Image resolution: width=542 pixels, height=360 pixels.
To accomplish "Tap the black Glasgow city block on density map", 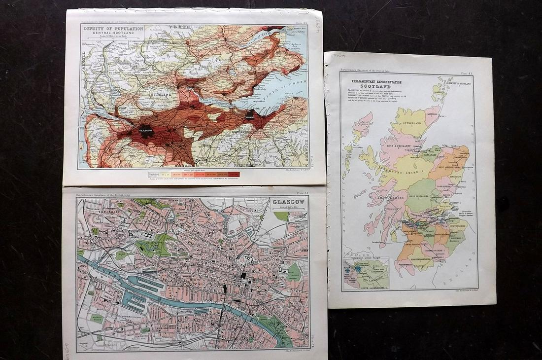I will point(145,132).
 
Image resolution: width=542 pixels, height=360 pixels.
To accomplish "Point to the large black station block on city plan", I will point(224,289).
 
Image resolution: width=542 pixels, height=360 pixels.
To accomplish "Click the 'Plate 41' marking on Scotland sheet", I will point(468,73).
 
